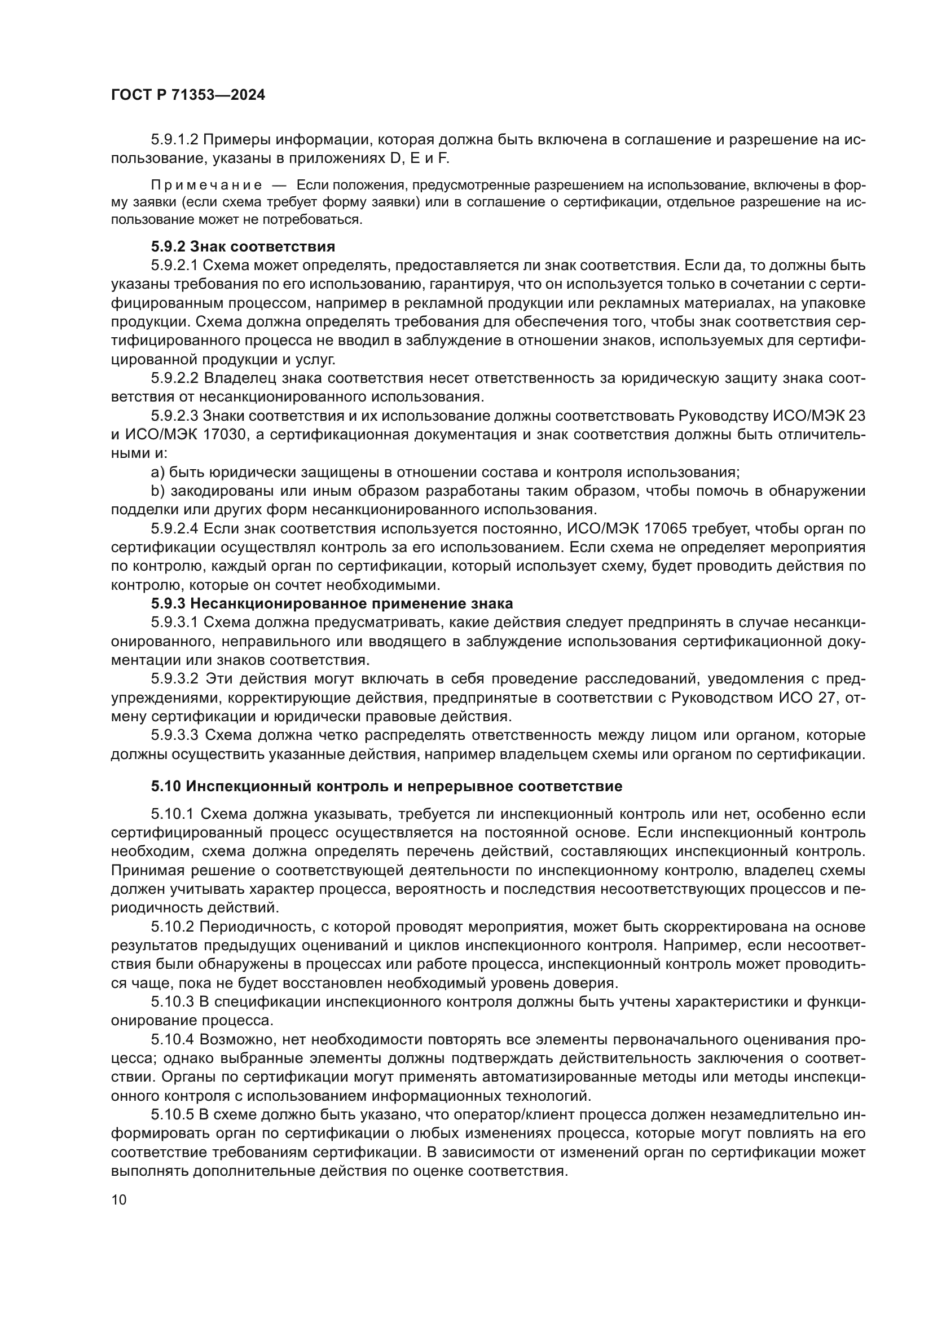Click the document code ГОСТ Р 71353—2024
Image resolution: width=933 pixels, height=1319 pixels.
[188, 95]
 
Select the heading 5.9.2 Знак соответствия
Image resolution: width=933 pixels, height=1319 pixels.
[243, 247]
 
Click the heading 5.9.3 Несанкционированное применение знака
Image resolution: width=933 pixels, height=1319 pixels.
[332, 604]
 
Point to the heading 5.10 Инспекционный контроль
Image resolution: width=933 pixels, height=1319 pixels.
[386, 786]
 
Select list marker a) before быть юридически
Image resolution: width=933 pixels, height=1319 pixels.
[157, 472]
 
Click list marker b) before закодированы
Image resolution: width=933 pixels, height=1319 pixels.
[157, 491]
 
